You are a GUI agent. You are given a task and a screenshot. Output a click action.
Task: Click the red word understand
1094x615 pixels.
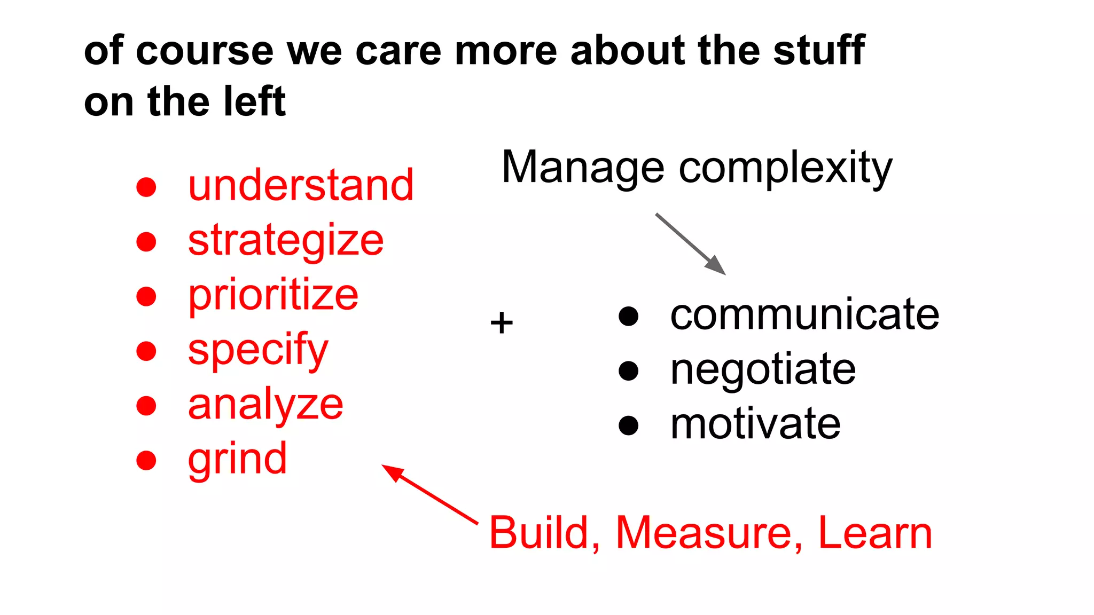coord(301,185)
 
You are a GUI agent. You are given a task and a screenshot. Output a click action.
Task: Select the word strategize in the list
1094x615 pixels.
coord(286,241)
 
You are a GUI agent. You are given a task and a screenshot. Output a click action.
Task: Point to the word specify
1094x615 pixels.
coord(258,350)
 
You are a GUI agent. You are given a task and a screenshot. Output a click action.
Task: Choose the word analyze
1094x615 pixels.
coord(265,405)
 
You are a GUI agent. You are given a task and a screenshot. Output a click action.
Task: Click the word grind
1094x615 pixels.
coord(237,459)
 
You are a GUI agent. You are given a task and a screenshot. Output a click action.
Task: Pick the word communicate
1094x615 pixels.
coord(804,315)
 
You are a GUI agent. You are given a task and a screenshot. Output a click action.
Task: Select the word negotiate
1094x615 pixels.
coord(763,369)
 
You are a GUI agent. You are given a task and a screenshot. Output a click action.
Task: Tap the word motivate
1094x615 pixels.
coord(755,424)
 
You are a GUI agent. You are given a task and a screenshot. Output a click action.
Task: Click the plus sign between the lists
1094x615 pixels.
coord(502,323)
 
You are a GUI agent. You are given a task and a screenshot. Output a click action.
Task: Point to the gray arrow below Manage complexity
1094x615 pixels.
coord(690,244)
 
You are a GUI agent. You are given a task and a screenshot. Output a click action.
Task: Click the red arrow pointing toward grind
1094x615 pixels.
coord(429,494)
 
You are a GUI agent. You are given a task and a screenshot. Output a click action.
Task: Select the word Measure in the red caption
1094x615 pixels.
coord(709,533)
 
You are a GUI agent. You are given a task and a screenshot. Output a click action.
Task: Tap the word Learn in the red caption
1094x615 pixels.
coord(875,533)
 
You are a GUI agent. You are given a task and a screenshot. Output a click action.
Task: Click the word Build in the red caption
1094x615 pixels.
coord(544,533)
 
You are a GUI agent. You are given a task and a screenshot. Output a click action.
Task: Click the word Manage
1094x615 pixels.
coord(583,168)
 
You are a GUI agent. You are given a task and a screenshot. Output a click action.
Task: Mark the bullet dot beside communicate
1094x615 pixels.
coord(629,316)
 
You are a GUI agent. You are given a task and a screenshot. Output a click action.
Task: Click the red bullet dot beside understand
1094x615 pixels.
coord(146,187)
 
